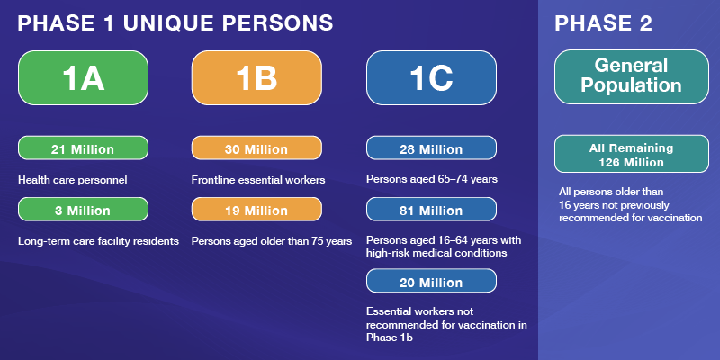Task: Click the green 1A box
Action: click(83, 78)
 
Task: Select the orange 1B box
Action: click(256, 78)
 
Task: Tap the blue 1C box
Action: click(431, 78)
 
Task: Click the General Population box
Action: click(632, 77)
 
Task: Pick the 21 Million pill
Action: click(83, 148)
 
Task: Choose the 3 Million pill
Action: click(83, 210)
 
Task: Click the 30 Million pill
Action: click(256, 148)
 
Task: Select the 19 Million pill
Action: click(256, 210)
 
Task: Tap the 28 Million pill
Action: click(431, 148)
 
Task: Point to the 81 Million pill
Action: click(431, 210)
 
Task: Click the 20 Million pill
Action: click(431, 281)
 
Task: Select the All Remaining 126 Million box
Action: click(632, 154)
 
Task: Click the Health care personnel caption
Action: click(73, 180)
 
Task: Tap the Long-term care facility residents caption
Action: click(98, 241)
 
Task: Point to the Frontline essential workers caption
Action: click(258, 180)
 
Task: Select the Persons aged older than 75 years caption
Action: click(272, 241)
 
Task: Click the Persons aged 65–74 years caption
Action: click(432, 179)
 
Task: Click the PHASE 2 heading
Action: click(603, 23)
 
